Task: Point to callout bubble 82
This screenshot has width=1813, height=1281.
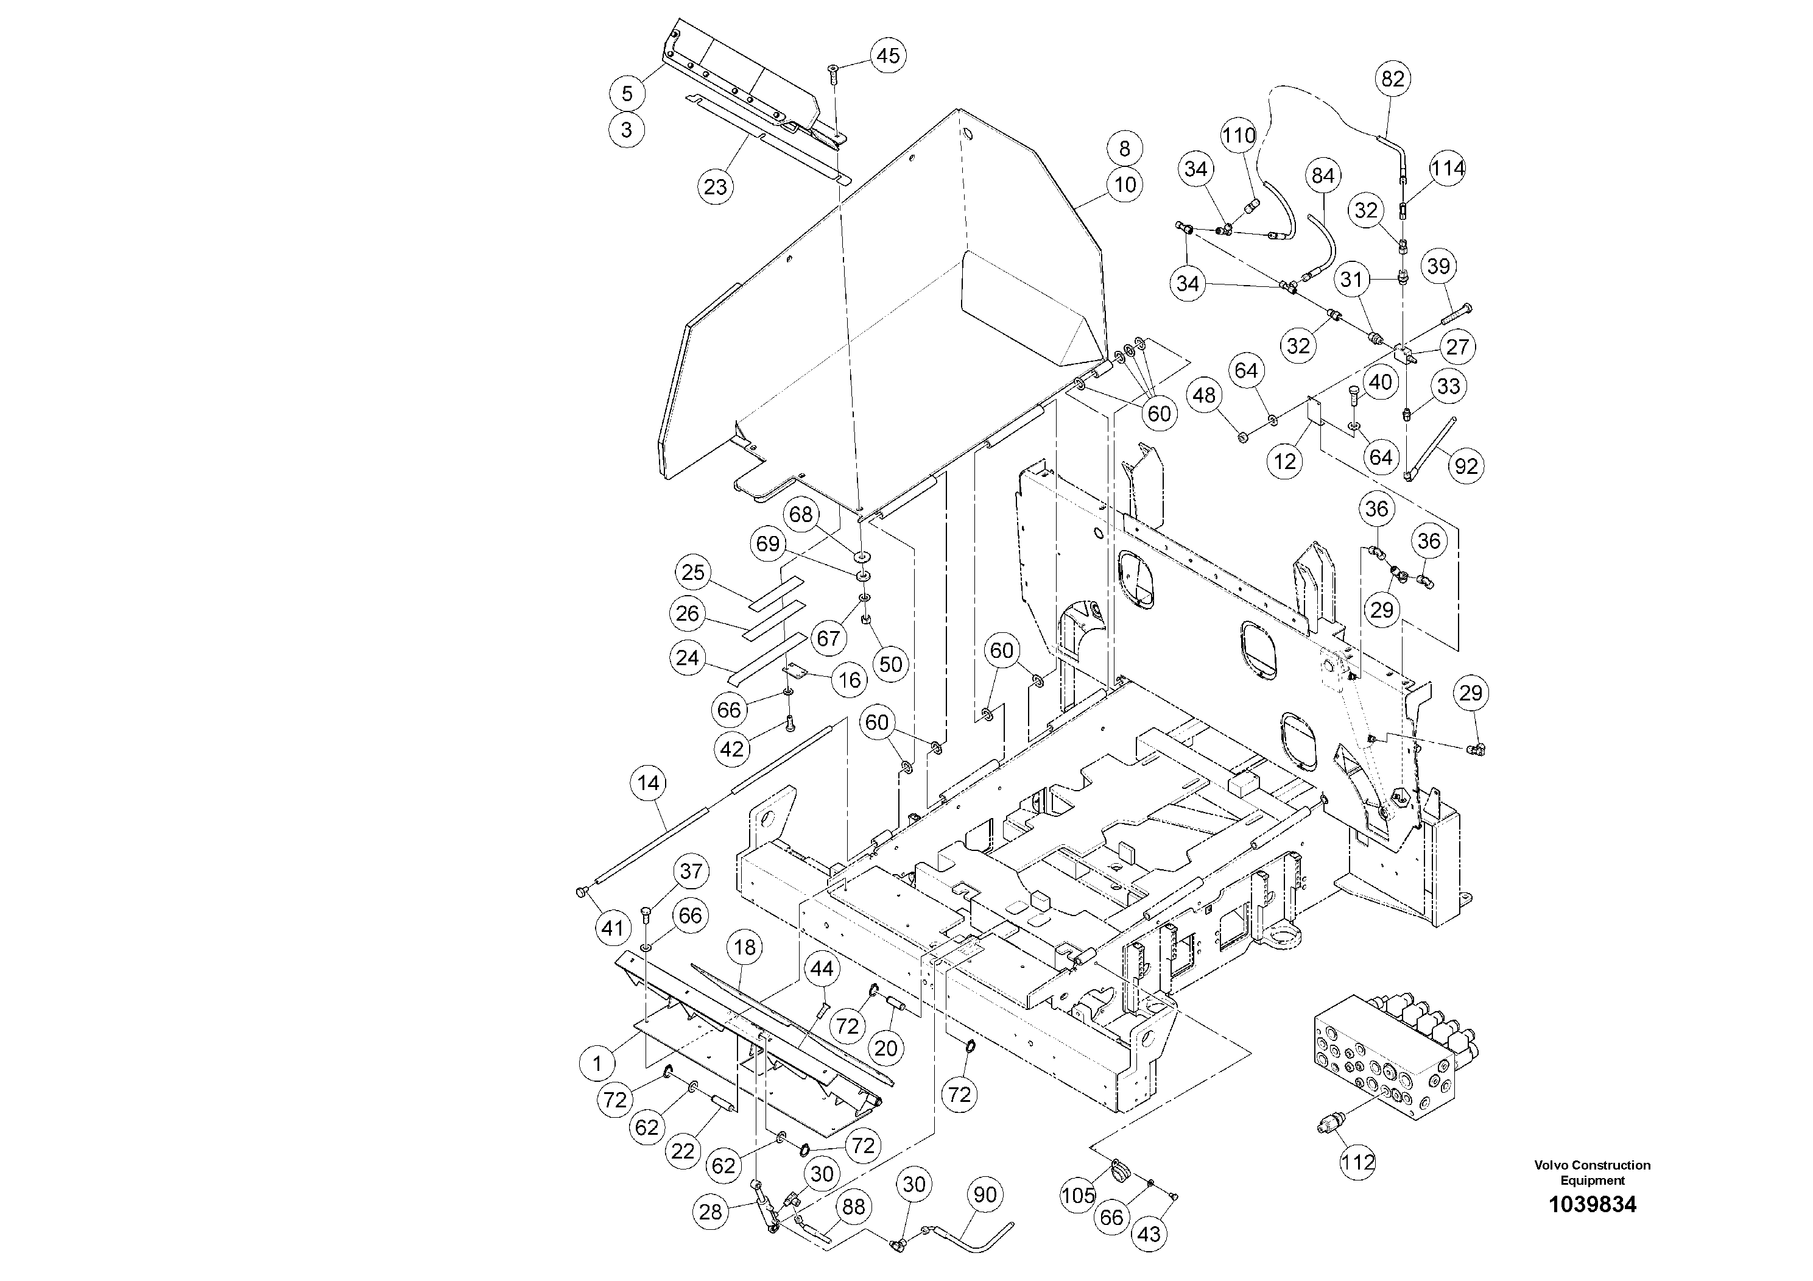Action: (x=1393, y=79)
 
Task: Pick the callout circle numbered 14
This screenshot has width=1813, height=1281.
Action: (x=649, y=783)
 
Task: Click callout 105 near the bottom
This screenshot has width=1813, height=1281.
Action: (x=1079, y=1195)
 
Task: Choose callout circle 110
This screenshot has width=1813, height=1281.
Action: (x=1238, y=136)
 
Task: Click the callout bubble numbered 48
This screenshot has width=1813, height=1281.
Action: (x=1204, y=395)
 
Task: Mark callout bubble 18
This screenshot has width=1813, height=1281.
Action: (x=745, y=948)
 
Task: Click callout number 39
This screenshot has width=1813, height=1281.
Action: (x=1438, y=266)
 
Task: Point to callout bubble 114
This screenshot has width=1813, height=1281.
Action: (x=1448, y=168)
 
